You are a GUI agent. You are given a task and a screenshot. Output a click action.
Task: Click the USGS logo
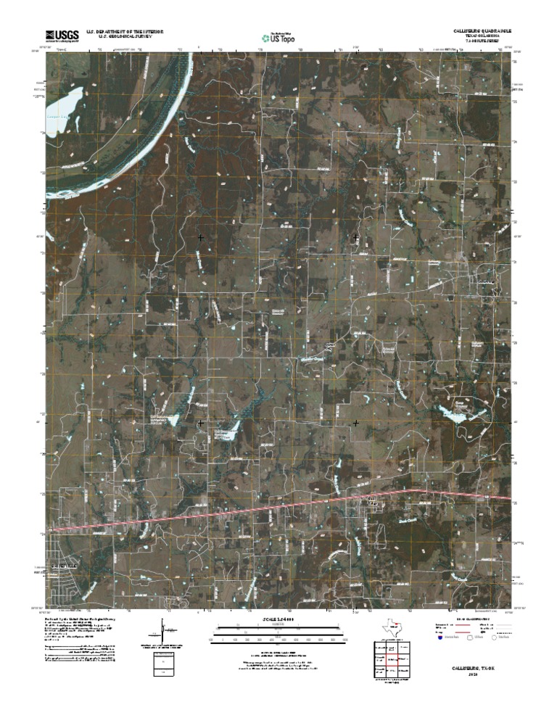point(63,34)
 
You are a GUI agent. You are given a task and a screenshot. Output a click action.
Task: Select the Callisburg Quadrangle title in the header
point(478,31)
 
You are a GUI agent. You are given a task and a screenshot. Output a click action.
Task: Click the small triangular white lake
point(174,418)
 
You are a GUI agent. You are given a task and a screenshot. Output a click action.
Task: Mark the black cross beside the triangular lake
point(201,421)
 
